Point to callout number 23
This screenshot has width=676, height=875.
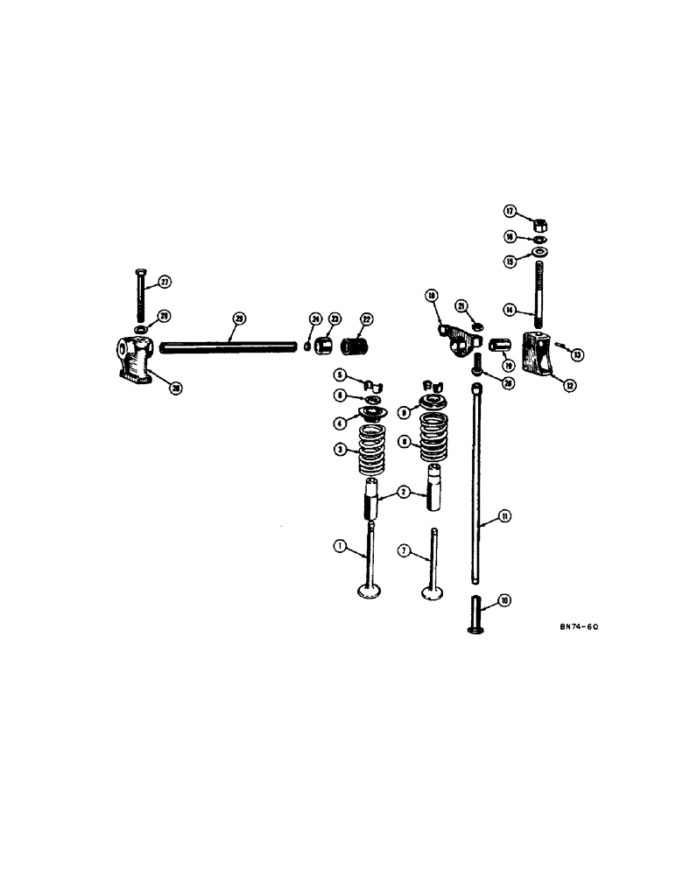pyautogui.click(x=334, y=320)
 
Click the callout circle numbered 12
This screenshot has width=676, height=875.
pyautogui.click(x=570, y=384)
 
